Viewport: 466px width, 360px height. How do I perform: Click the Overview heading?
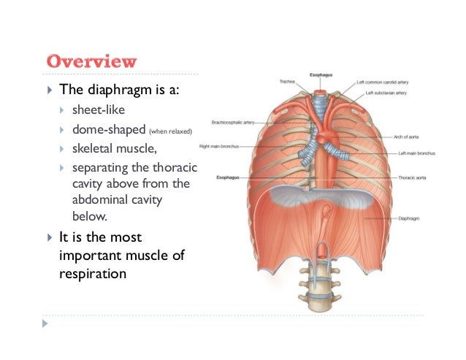click(91, 61)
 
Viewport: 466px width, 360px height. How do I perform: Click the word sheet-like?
click(99, 110)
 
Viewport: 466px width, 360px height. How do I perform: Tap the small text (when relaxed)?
click(169, 131)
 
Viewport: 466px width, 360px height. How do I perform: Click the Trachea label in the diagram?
click(286, 81)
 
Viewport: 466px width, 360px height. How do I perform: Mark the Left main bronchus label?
click(416, 154)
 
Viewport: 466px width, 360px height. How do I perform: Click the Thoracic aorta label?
click(413, 177)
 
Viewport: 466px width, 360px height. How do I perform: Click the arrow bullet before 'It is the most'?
click(48, 238)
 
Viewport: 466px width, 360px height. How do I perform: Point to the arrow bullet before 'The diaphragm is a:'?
click(48, 90)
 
